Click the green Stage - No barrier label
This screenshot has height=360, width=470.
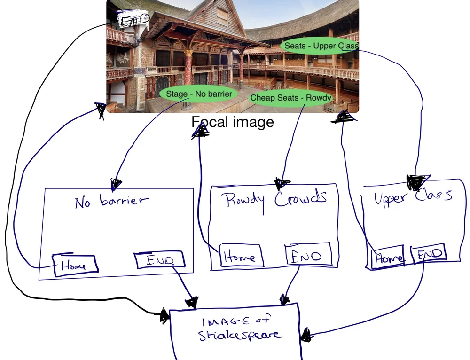coord(199,94)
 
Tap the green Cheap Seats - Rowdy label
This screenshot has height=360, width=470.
coord(290,98)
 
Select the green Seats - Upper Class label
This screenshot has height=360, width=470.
coord(321,46)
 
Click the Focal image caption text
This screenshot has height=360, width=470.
coord(232,122)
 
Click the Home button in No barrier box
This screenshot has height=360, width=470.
coord(75,266)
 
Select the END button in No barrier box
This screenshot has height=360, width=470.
coord(159,260)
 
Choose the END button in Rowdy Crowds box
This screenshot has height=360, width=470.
coord(308,255)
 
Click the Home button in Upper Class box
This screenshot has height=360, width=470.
coord(388,257)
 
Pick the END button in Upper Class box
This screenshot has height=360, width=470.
coord(429,254)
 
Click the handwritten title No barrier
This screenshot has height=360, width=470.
coord(111,201)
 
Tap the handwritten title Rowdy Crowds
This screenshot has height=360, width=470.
coord(275,199)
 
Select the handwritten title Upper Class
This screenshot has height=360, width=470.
coord(413,196)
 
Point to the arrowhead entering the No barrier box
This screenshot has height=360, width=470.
coord(116,183)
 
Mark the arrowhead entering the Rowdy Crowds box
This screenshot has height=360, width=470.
coord(282,183)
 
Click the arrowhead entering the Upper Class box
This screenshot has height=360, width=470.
coord(417,181)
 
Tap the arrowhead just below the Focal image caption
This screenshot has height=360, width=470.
coord(201,131)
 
